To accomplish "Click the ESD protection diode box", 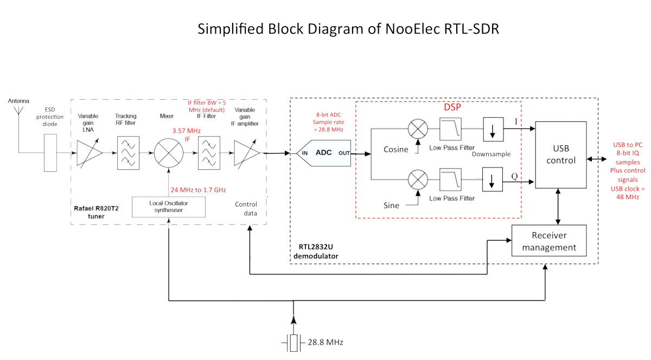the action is click(x=50, y=153).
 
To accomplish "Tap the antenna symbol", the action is click(x=18, y=111).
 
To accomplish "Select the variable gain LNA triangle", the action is click(x=89, y=153).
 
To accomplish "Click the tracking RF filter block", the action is click(x=128, y=153).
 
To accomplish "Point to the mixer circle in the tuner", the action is click(x=169, y=153).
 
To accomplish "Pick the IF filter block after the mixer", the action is click(x=209, y=153).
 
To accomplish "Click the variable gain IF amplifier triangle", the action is click(x=246, y=153).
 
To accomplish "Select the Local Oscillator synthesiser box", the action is click(x=169, y=207).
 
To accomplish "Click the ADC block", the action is click(x=323, y=153).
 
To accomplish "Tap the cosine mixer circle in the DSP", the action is click(x=418, y=128).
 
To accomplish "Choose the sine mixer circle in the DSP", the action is click(x=418, y=179).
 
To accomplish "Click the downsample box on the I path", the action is click(x=493, y=129).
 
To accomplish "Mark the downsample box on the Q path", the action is click(x=493, y=179).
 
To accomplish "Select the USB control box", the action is click(x=561, y=155).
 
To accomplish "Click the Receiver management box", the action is click(x=549, y=241).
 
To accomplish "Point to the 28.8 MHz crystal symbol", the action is click(x=293, y=343).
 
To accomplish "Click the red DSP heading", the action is click(x=452, y=107).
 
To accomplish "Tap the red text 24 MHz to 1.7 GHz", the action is click(x=198, y=190).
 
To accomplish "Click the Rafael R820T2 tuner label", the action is click(x=96, y=212).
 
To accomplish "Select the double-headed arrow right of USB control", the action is click(x=597, y=159).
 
